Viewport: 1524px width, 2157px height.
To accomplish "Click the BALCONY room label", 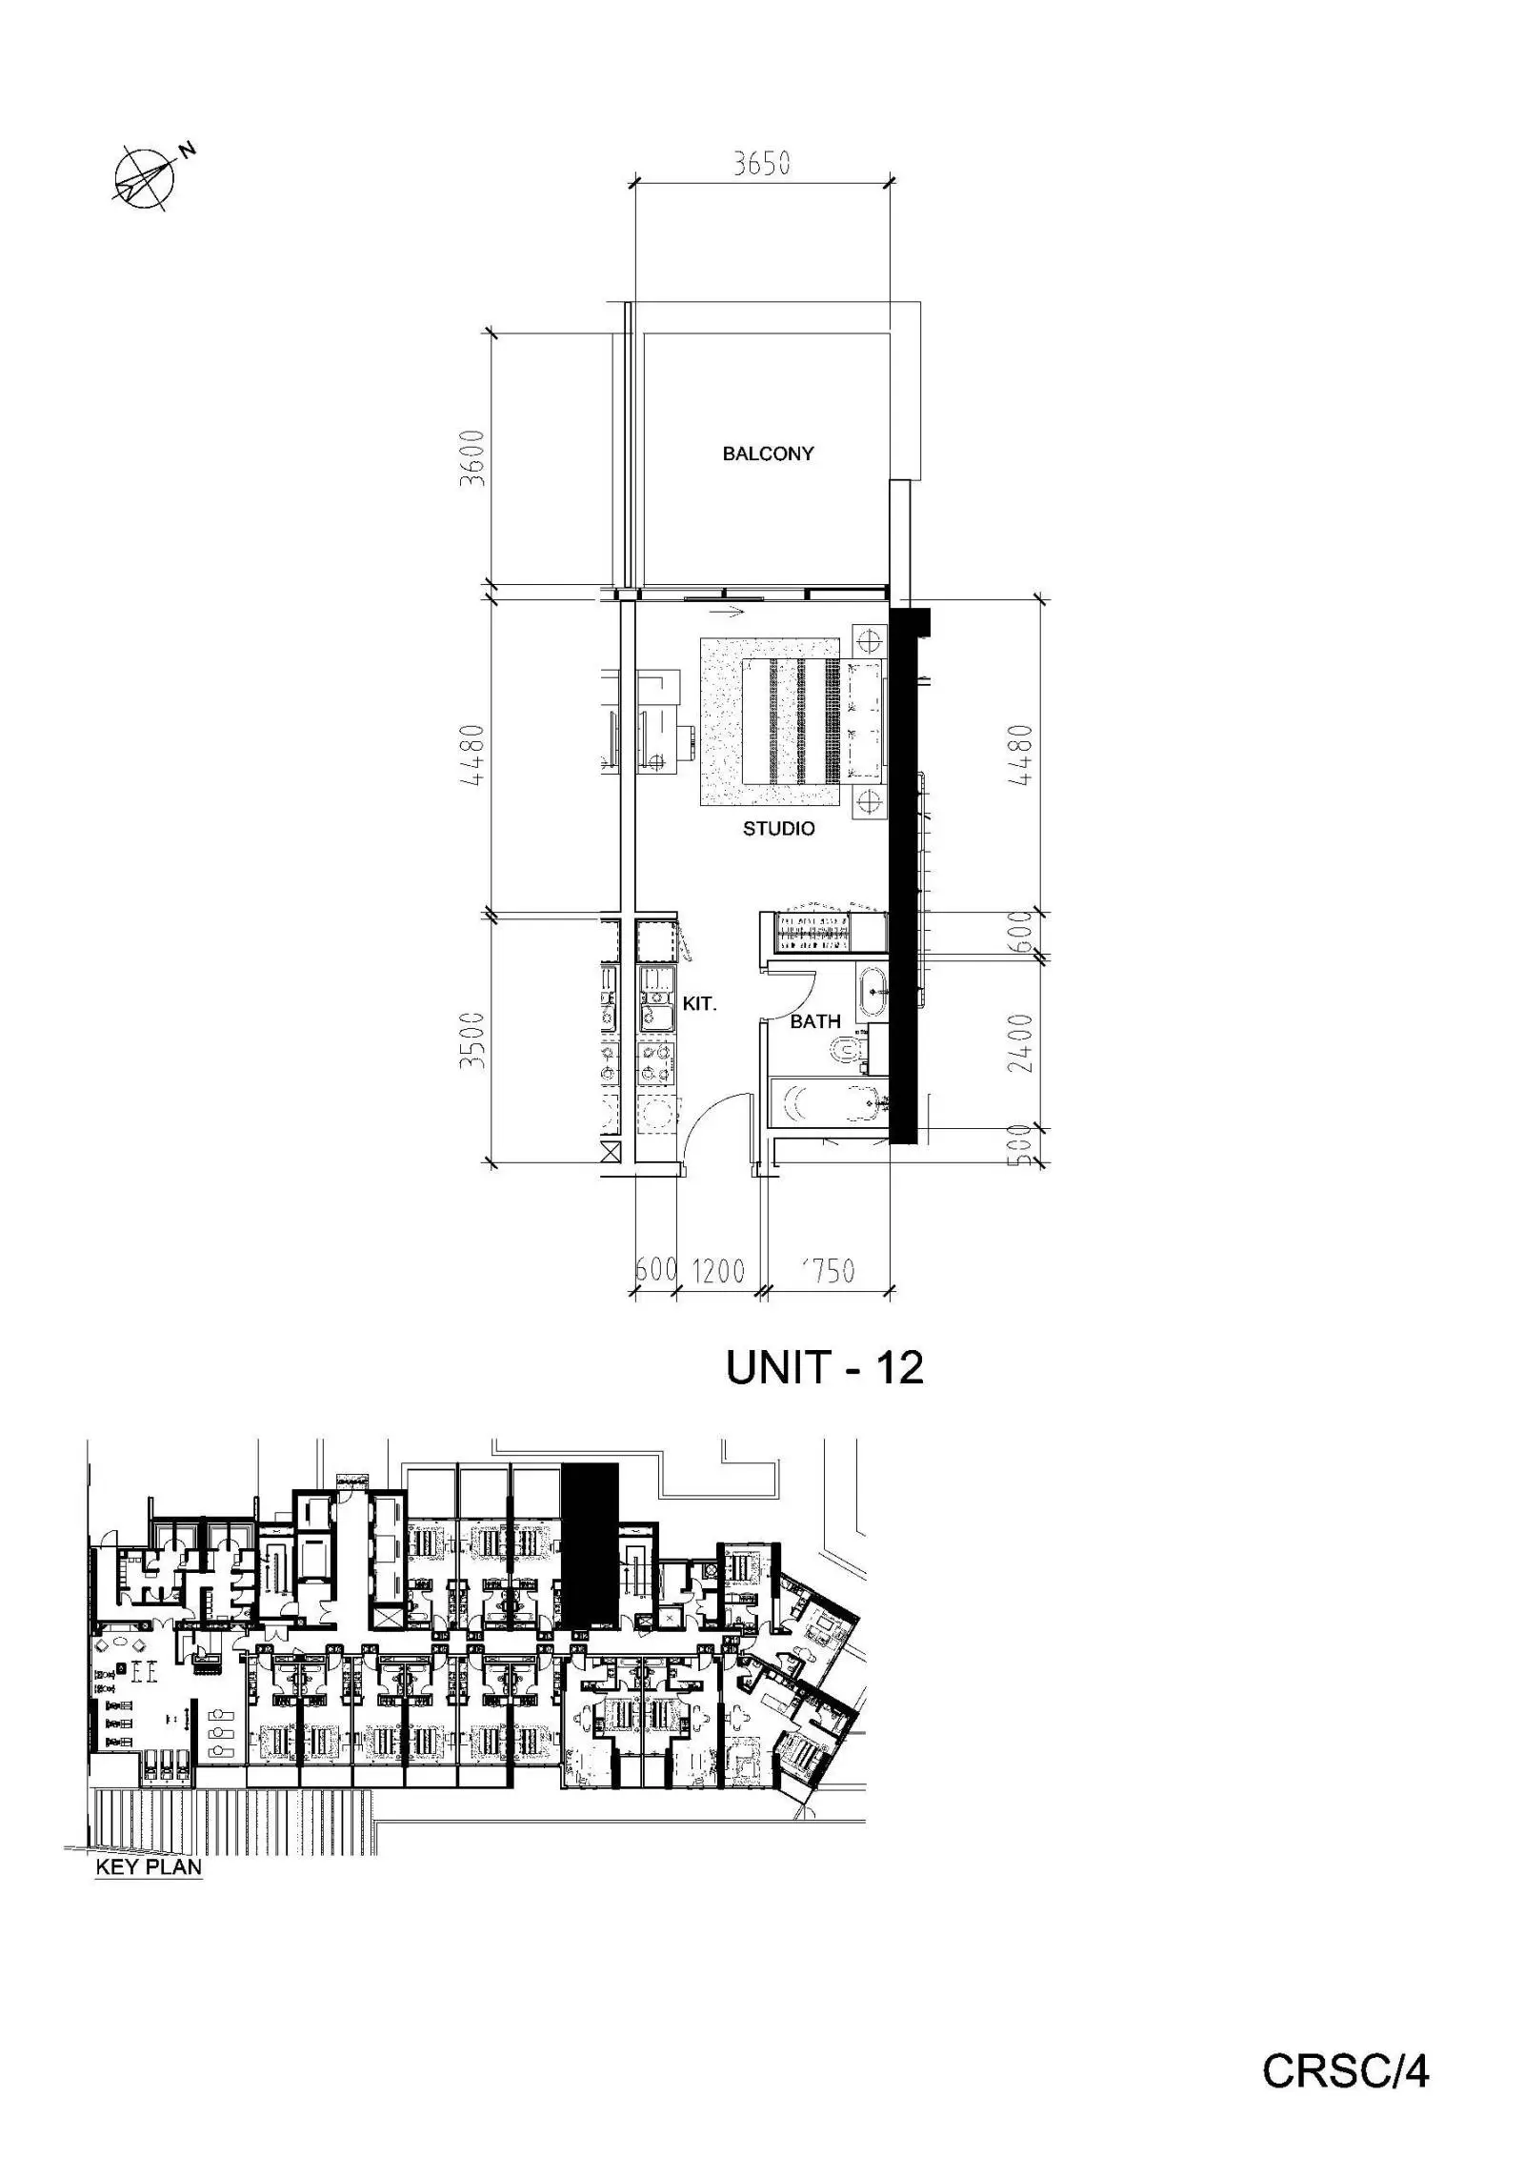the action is pos(768,454).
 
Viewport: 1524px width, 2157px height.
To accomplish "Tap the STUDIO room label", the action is pos(778,829).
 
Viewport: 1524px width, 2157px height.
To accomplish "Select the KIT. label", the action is pos(699,1003).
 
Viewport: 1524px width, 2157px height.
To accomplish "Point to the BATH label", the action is pos(815,1021).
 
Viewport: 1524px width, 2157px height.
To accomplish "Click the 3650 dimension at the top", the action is pos(761,164).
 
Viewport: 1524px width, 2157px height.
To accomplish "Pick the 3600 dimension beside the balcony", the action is pos(472,458).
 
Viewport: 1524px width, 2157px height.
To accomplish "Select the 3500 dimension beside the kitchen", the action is pos(472,1039).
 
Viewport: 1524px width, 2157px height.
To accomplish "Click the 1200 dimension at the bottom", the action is pos(717,1270).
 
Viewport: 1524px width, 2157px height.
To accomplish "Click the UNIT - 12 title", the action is pos(824,1368).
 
